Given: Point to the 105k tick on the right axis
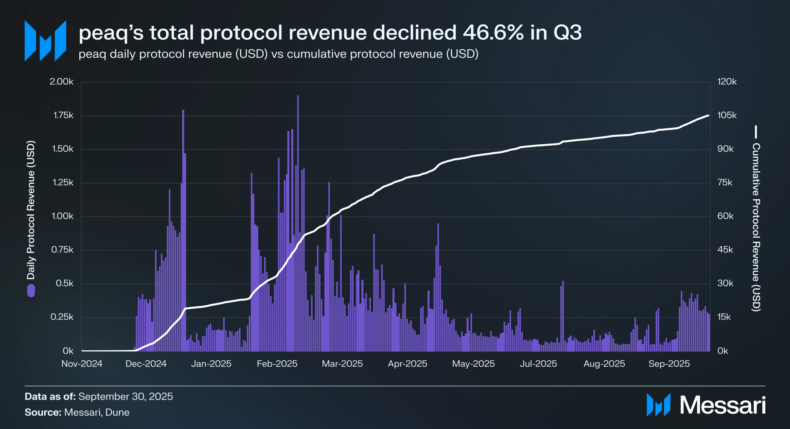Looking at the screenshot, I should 727,115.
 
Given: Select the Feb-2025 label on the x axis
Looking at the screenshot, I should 277,364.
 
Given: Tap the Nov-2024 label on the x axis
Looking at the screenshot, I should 82,364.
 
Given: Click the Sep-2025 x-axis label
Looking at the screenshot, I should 669,364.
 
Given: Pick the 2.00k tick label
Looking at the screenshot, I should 62,82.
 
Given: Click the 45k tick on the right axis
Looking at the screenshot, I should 725,250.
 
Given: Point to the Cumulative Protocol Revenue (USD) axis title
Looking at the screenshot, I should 756,227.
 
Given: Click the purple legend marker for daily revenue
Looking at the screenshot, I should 31,291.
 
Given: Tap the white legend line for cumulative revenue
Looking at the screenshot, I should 756,132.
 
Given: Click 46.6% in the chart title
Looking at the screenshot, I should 493,32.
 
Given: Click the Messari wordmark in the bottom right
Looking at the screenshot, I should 723,405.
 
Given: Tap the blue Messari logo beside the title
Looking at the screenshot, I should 45,41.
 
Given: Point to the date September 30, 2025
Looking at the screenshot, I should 126,397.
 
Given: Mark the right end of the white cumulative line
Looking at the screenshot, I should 708,116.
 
